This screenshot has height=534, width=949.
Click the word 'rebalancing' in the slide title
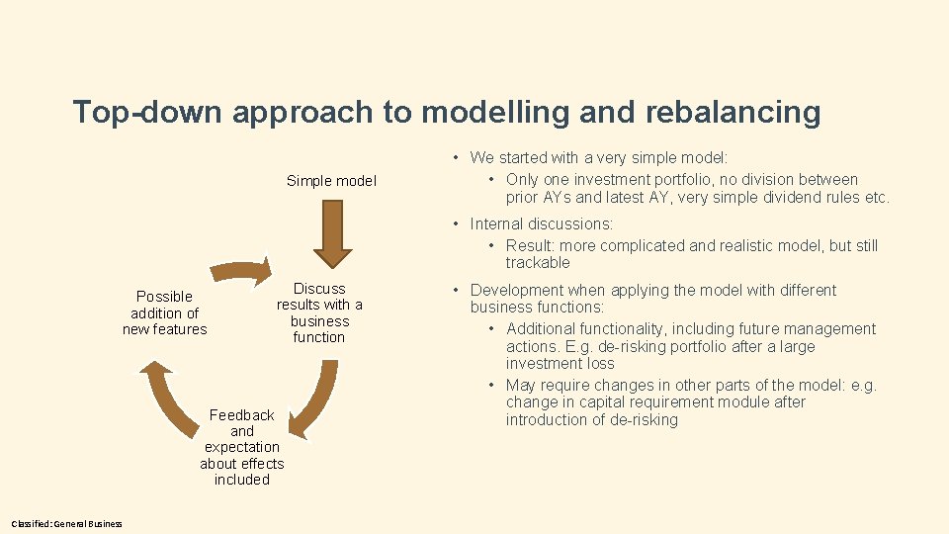pyautogui.click(x=733, y=113)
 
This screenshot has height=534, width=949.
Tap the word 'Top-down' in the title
pyautogui.click(x=147, y=113)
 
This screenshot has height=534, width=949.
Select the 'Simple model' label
pyautogui.click(x=331, y=181)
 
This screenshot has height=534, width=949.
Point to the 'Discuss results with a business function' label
pyautogui.click(x=319, y=312)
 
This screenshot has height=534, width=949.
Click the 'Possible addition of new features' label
pyautogui.click(x=165, y=312)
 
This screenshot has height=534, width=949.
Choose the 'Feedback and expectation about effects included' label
pyautogui.click(x=242, y=447)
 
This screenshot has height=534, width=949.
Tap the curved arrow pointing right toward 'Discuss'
pyautogui.click(x=240, y=271)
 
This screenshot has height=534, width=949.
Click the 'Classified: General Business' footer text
pyautogui.click(x=67, y=523)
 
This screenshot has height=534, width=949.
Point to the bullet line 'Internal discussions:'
pyautogui.click(x=542, y=224)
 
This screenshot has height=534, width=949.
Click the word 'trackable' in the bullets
pyautogui.click(x=538, y=262)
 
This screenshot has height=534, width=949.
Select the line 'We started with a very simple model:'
pyautogui.click(x=599, y=157)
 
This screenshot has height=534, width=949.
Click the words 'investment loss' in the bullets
pyautogui.click(x=559, y=364)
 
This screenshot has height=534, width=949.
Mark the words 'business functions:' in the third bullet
pyautogui.click(x=537, y=308)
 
